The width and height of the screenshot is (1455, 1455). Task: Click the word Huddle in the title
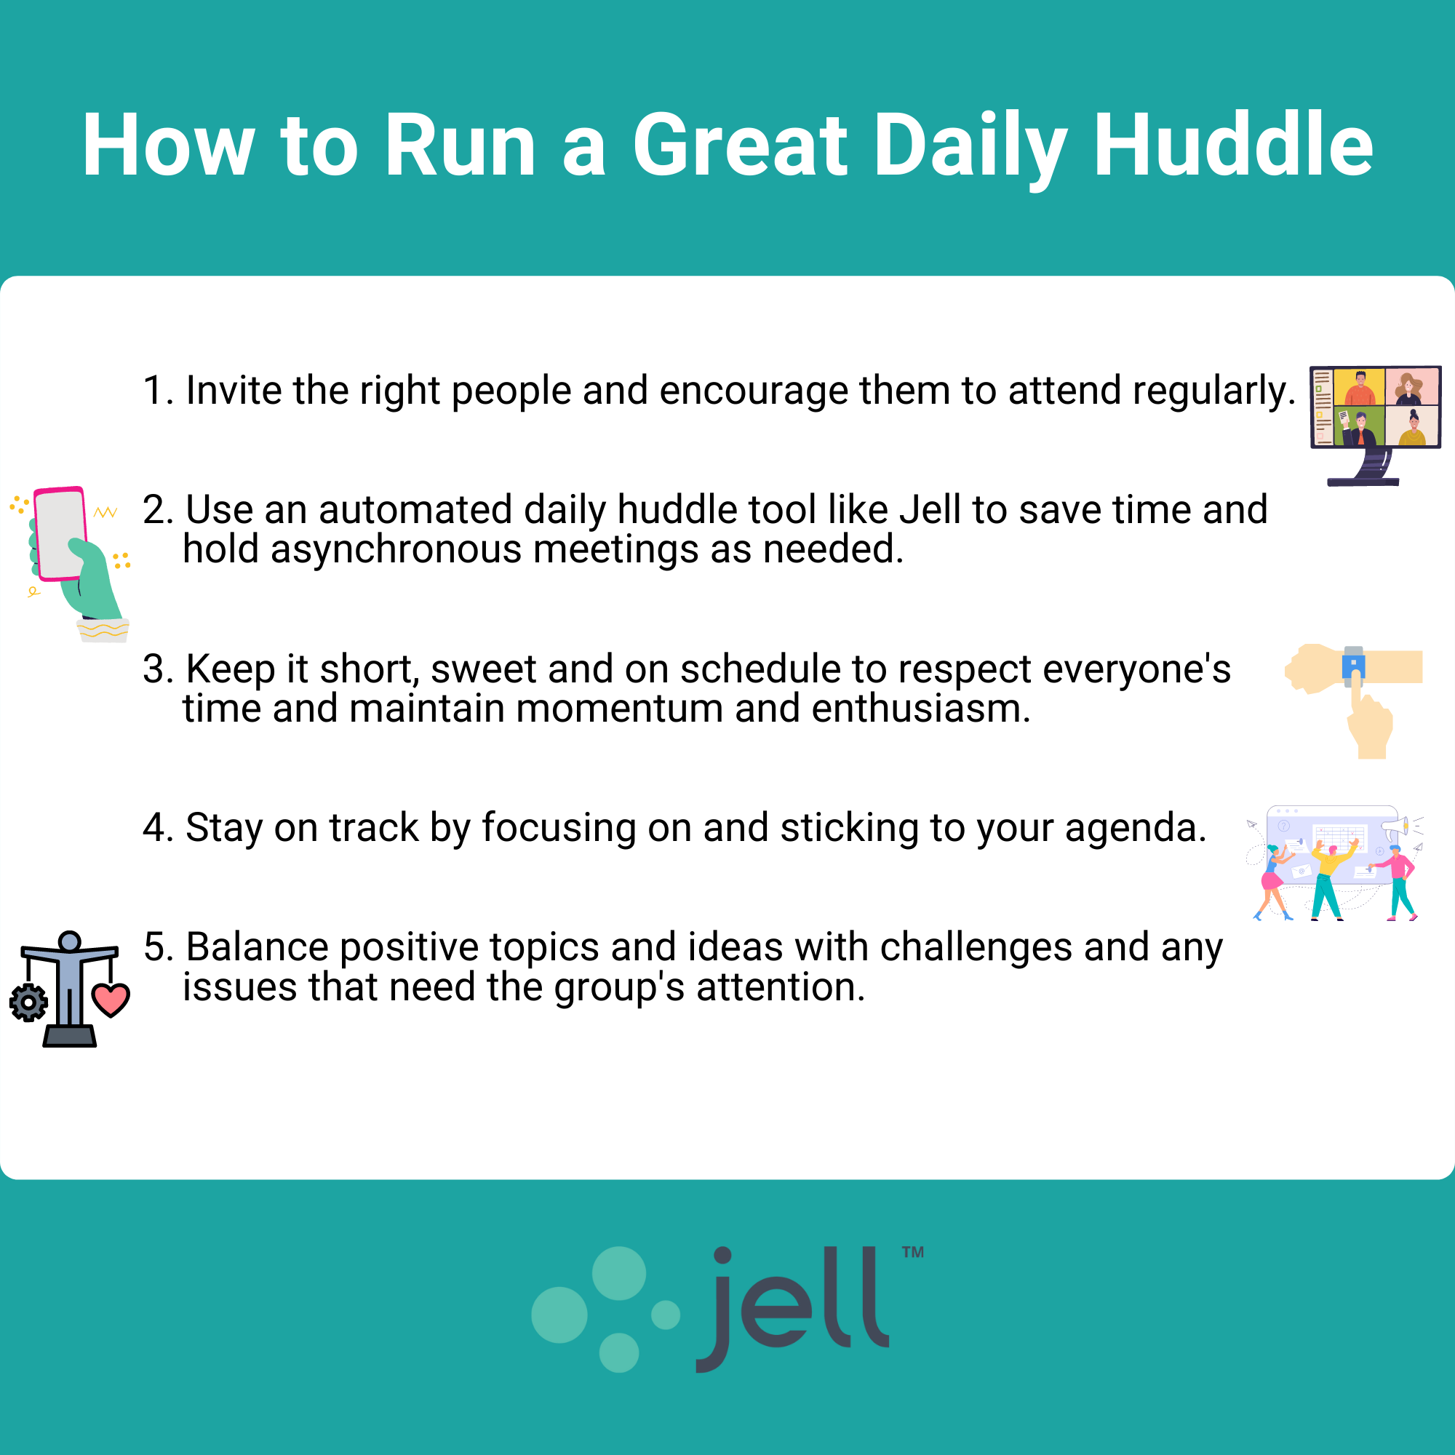click(1233, 144)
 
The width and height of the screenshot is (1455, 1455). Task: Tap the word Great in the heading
click(741, 144)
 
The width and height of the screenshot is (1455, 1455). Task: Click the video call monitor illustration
click(1375, 426)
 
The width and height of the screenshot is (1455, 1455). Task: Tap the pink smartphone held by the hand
click(60, 533)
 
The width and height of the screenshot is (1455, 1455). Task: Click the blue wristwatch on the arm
click(1353, 666)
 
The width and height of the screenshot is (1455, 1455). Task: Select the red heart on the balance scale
click(111, 1000)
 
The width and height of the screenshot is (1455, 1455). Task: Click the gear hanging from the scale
click(28, 1002)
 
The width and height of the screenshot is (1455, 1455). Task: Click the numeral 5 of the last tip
click(157, 947)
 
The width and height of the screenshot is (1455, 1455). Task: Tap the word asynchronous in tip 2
click(396, 549)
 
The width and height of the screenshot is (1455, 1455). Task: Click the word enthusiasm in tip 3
click(921, 709)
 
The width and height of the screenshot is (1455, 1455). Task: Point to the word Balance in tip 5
click(257, 947)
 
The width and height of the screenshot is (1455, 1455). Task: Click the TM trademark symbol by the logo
click(913, 1253)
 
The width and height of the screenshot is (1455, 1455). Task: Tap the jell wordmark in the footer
click(792, 1308)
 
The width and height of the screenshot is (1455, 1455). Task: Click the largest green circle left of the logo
click(559, 1315)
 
